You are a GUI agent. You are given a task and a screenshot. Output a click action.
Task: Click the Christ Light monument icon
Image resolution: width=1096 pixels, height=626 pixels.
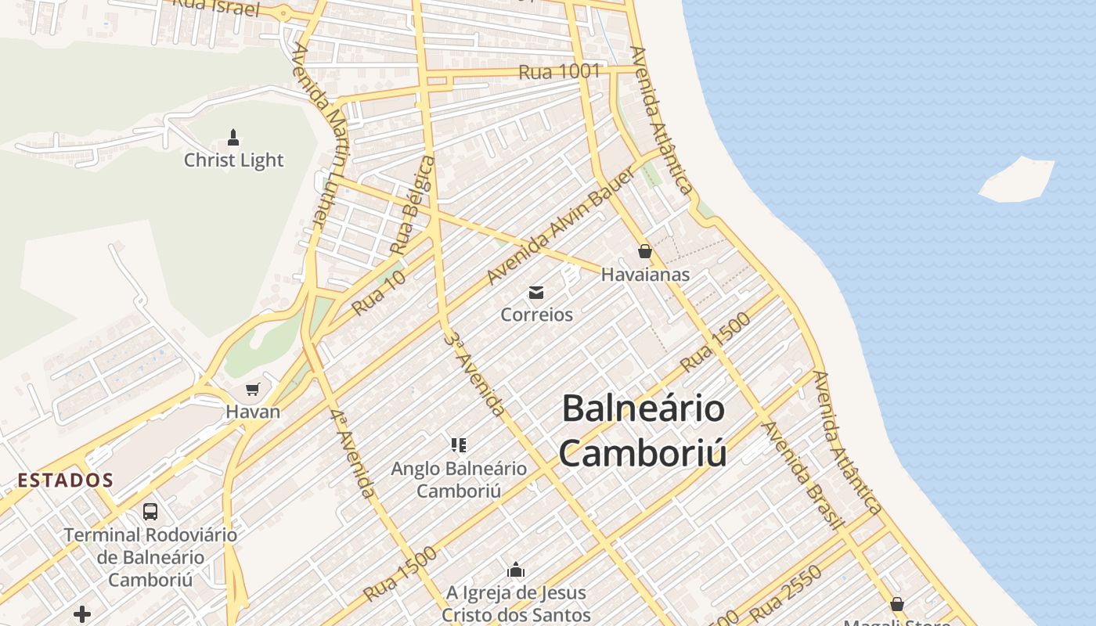coord(233,139)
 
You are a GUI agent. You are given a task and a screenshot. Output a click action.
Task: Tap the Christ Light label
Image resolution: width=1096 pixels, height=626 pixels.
coord(233,160)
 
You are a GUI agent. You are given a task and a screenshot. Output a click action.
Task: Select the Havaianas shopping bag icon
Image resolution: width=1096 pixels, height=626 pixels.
coord(645,251)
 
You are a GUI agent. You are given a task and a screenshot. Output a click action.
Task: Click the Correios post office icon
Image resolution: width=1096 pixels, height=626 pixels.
coord(536,293)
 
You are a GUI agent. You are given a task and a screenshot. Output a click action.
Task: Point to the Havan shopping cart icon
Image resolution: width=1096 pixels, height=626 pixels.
coord(252,389)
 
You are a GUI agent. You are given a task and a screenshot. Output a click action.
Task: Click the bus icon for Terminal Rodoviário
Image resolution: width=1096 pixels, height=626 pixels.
coord(150,512)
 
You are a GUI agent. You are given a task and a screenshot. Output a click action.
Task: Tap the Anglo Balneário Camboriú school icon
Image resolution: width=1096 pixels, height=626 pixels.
coord(459,446)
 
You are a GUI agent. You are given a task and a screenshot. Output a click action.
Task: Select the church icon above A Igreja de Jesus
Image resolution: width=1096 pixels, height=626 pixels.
coord(516,570)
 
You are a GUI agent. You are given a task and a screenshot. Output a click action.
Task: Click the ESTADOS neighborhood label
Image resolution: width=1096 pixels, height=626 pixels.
coord(66,480)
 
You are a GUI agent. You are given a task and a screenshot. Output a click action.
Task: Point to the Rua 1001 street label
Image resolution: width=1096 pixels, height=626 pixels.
coord(559,72)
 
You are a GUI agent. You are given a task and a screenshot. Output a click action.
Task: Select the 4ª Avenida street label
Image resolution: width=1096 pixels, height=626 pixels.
coord(352,453)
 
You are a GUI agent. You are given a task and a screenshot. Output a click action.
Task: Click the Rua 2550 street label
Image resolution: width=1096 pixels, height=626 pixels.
coord(785,593)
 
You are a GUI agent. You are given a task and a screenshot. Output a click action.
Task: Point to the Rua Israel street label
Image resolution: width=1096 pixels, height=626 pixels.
coord(215,7)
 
